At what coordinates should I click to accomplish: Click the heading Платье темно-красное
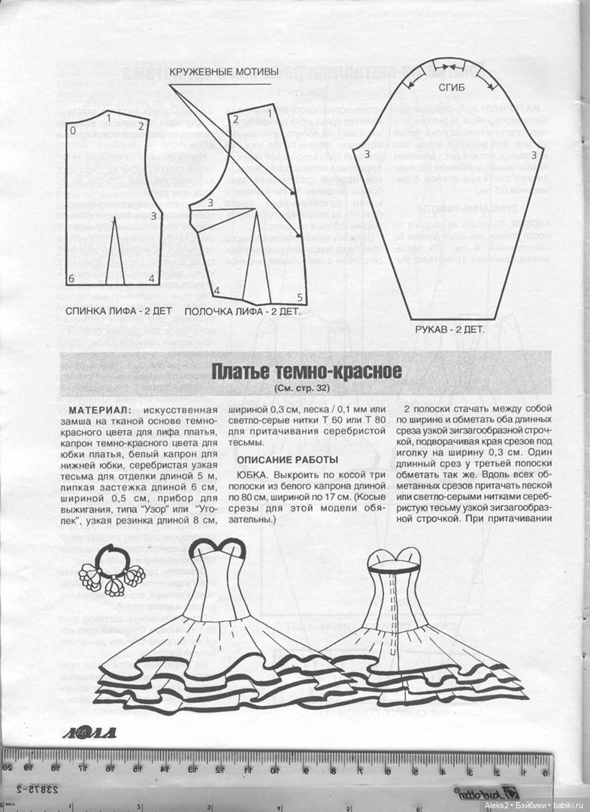point(306,372)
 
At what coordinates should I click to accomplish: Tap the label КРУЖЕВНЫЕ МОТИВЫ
point(224,72)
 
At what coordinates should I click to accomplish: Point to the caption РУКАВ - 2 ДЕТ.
point(450,329)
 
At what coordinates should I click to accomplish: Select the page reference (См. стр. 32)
point(306,389)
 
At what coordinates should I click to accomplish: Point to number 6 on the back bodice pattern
point(71,279)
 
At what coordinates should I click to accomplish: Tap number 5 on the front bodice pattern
point(299,297)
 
